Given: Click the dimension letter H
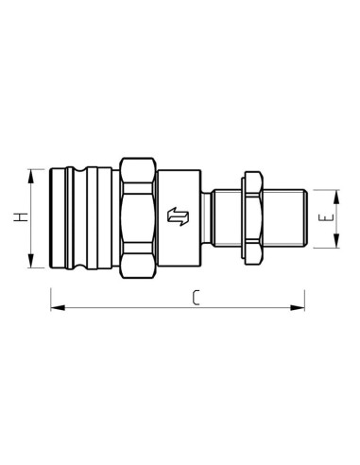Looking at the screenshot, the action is coord(21,217).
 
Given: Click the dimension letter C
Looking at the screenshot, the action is coord(196,298).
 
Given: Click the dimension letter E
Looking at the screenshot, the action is coord(326,218).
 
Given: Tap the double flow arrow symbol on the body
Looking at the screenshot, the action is coord(178,216).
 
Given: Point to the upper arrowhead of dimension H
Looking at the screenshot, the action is coord(30,176).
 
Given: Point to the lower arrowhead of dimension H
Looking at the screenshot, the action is coord(30,261).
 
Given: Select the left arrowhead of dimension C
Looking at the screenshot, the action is coord(58,307).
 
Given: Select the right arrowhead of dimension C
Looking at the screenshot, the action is coord(298,307).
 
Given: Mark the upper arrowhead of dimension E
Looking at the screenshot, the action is coord(336,197).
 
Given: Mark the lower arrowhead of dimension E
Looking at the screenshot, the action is coord(336,241).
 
